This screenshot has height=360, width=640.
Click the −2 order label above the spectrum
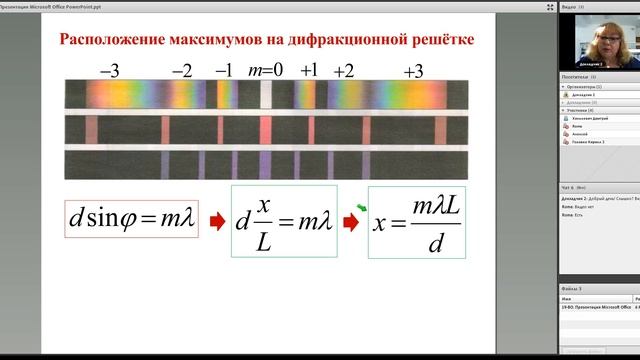pyautogui.click(x=182, y=71)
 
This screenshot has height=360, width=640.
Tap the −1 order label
pyautogui.click(x=225, y=71)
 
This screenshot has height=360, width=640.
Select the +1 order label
pyautogui.click(x=309, y=71)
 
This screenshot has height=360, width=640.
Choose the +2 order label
pyautogui.click(x=343, y=71)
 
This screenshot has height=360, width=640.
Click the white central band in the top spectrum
pyautogui.click(x=266, y=95)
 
